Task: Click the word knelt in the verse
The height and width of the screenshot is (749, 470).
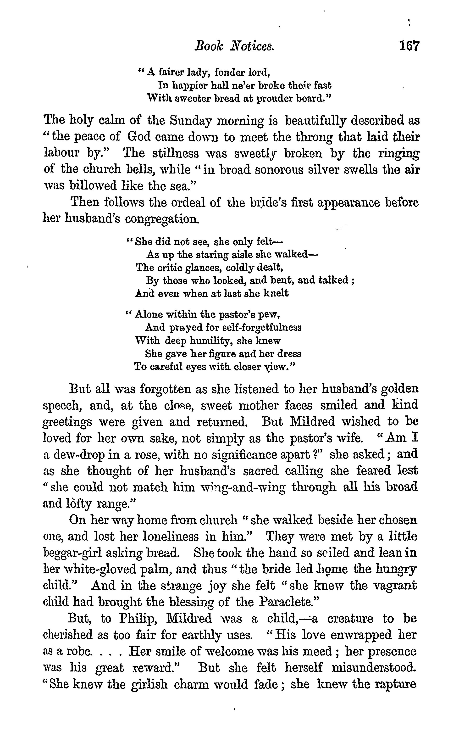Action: point(276,293)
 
